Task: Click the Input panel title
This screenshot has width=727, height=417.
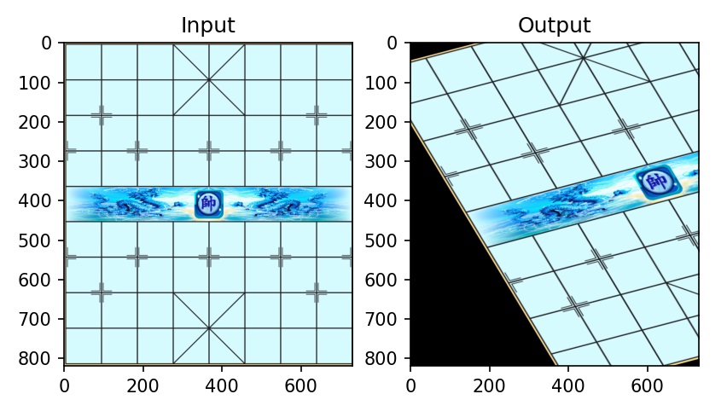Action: [x=208, y=26]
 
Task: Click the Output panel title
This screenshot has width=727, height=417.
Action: [x=555, y=26]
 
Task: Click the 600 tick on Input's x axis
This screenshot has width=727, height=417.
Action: [x=300, y=365]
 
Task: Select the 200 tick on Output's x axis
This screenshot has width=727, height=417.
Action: [x=489, y=365]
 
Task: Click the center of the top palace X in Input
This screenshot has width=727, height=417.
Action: [x=209, y=79]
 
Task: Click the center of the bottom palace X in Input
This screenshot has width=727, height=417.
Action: [x=209, y=327]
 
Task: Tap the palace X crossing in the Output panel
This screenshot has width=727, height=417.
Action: [x=584, y=58]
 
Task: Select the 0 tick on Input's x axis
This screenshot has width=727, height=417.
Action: [x=64, y=365]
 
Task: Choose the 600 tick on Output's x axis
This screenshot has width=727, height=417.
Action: [x=647, y=365]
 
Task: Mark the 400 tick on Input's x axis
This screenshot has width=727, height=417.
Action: [x=222, y=365]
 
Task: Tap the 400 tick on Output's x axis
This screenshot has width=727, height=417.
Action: [x=568, y=365]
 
